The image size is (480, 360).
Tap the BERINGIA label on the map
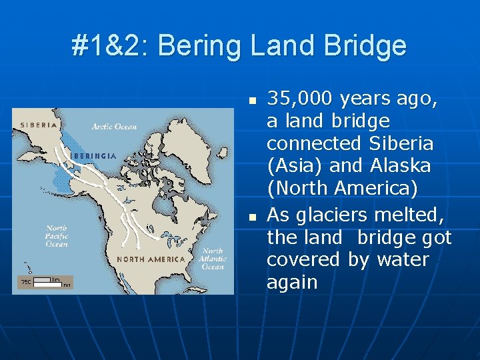(x=94, y=155)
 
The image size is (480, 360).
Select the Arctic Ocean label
(x=114, y=127)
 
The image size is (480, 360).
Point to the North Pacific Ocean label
(x=57, y=236)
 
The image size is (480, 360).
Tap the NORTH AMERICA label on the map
(x=151, y=259)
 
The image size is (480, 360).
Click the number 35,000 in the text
(x=301, y=99)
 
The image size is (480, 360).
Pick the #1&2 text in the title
(x=111, y=46)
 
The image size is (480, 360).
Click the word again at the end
(x=292, y=282)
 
